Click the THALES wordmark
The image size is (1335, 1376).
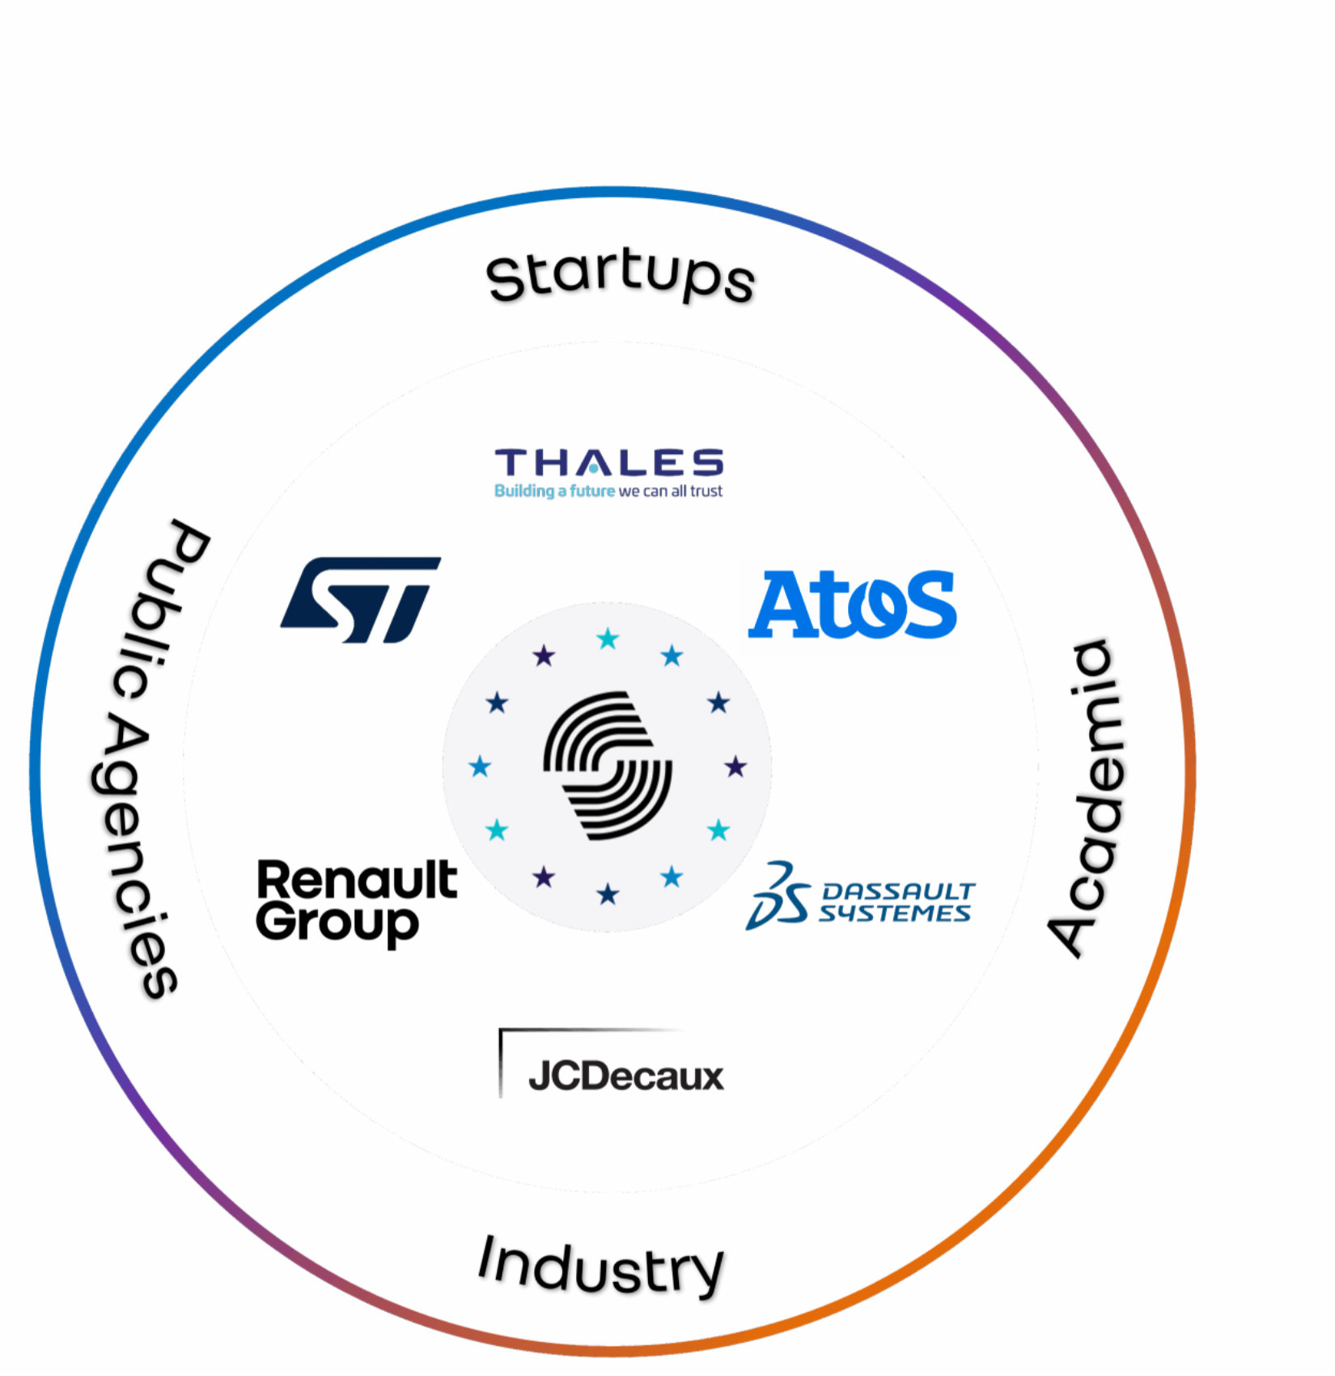click(608, 463)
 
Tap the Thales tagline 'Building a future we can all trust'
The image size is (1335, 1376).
click(608, 491)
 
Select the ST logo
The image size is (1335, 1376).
click(361, 600)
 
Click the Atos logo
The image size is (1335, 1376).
click(849, 607)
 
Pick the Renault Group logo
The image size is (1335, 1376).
click(356, 902)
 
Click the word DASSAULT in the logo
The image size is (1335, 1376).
click(898, 891)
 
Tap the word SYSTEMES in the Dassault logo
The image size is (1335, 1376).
click(894, 914)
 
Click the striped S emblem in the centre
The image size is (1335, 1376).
click(608, 766)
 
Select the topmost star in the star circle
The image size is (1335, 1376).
click(608, 640)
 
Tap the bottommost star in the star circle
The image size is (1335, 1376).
click(608, 894)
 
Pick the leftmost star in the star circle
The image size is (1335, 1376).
click(480, 766)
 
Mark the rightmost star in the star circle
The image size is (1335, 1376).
click(735, 766)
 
